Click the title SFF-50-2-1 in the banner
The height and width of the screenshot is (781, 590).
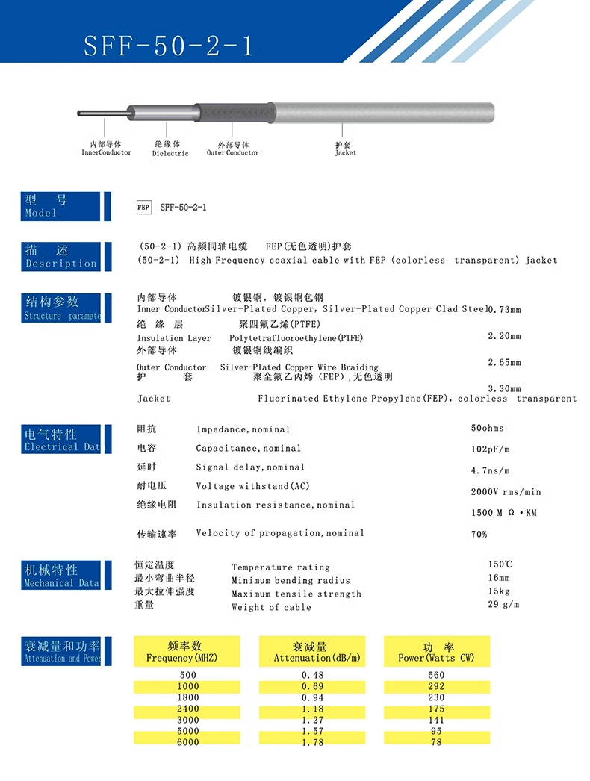tap(169, 46)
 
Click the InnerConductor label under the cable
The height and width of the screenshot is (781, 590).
tap(106, 149)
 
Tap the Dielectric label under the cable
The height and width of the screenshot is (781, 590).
tap(170, 149)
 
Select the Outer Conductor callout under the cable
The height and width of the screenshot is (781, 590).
tap(233, 149)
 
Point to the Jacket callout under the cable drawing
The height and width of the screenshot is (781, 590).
tap(345, 149)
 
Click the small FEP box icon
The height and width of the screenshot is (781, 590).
tap(144, 207)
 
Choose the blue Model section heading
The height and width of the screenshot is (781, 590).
tap(60, 206)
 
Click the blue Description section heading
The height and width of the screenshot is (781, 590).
tap(60, 257)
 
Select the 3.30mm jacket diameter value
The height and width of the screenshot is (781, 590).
tap(504, 389)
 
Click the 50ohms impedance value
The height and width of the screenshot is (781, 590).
tap(487, 429)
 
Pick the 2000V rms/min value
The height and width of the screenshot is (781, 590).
tap(506, 492)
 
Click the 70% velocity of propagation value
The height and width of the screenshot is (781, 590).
tap(479, 535)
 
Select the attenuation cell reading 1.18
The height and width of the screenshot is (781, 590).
tap(312, 709)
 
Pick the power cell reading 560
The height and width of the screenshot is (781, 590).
tap(436, 675)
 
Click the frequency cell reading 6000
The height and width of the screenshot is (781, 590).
tap(187, 742)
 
